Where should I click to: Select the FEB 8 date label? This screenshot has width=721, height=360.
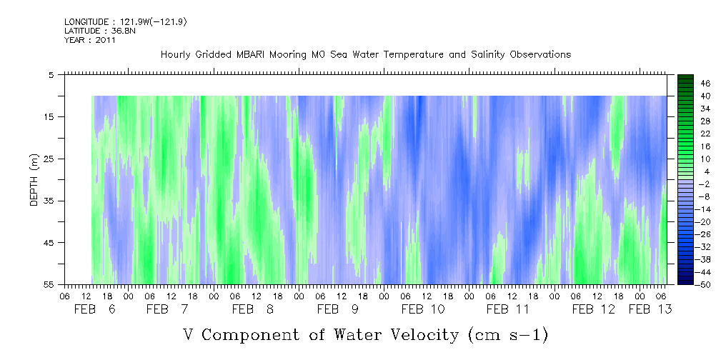(252, 309)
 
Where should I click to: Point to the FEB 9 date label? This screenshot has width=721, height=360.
(337, 309)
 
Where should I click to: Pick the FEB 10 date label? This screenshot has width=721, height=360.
(423, 309)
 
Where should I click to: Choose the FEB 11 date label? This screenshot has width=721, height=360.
(507, 309)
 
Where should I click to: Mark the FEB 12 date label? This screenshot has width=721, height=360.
(593, 309)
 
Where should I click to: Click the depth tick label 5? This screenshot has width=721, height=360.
(51, 74)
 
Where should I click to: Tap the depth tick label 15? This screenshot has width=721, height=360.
(49, 116)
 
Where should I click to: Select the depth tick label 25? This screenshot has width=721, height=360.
(49, 159)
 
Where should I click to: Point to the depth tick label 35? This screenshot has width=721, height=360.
(49, 201)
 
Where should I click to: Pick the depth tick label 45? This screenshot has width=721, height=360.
(49, 243)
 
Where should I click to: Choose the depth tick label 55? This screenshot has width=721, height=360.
(49, 285)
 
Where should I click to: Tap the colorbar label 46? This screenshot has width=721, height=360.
(685, 83)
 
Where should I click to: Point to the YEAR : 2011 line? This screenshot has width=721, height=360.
(90, 40)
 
